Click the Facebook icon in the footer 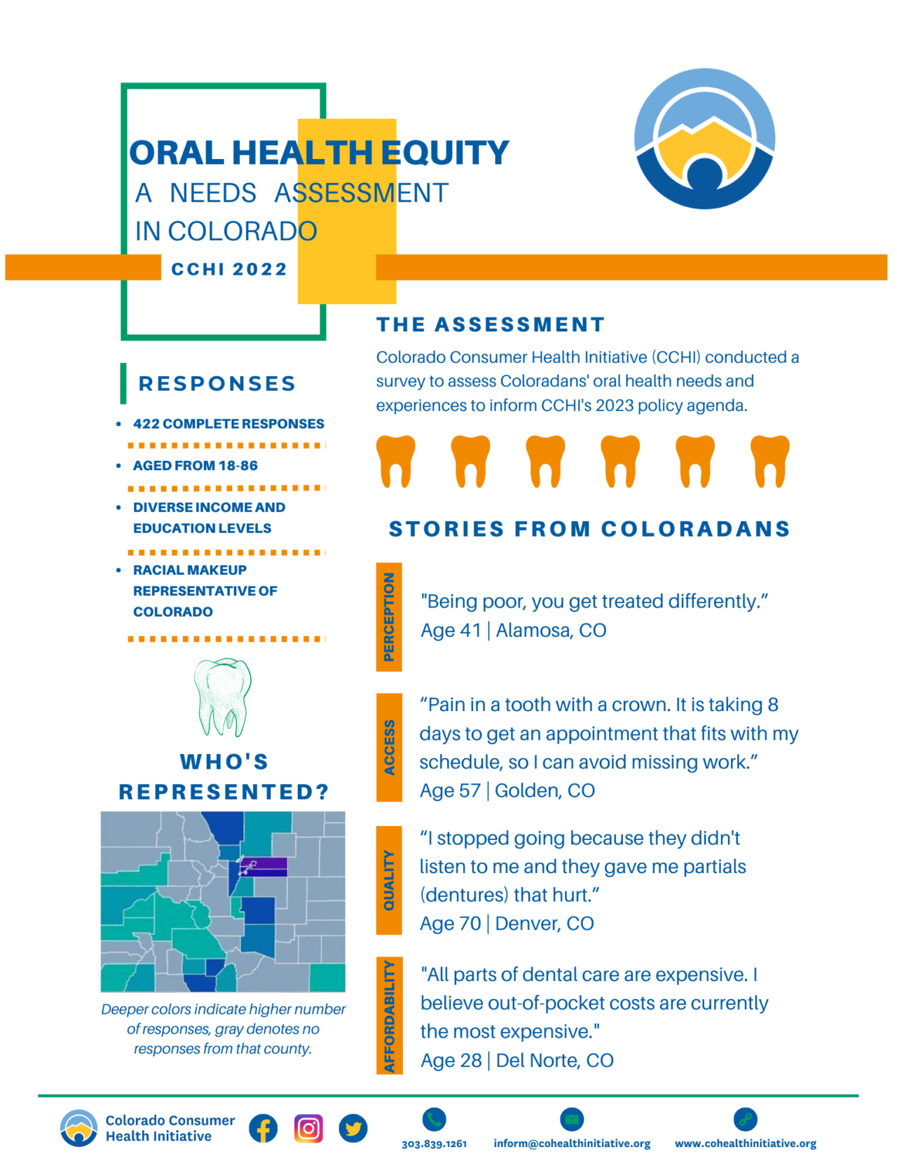[263, 1128]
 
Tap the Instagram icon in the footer [308, 1128]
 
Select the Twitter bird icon [353, 1128]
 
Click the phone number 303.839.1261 [434, 1143]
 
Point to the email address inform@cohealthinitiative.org [572, 1143]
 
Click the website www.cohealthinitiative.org [746, 1143]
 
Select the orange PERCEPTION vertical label [389, 617]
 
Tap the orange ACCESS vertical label [389, 747]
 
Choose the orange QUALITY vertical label [389, 880]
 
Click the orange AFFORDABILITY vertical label [389, 1016]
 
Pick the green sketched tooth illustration [223, 696]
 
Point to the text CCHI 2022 [229, 269]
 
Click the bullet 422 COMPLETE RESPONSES [228, 424]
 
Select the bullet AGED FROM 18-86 [196, 466]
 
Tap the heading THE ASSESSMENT [491, 324]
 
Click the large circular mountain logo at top [704, 139]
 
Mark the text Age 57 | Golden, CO [507, 790]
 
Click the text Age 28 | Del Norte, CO [517, 1060]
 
